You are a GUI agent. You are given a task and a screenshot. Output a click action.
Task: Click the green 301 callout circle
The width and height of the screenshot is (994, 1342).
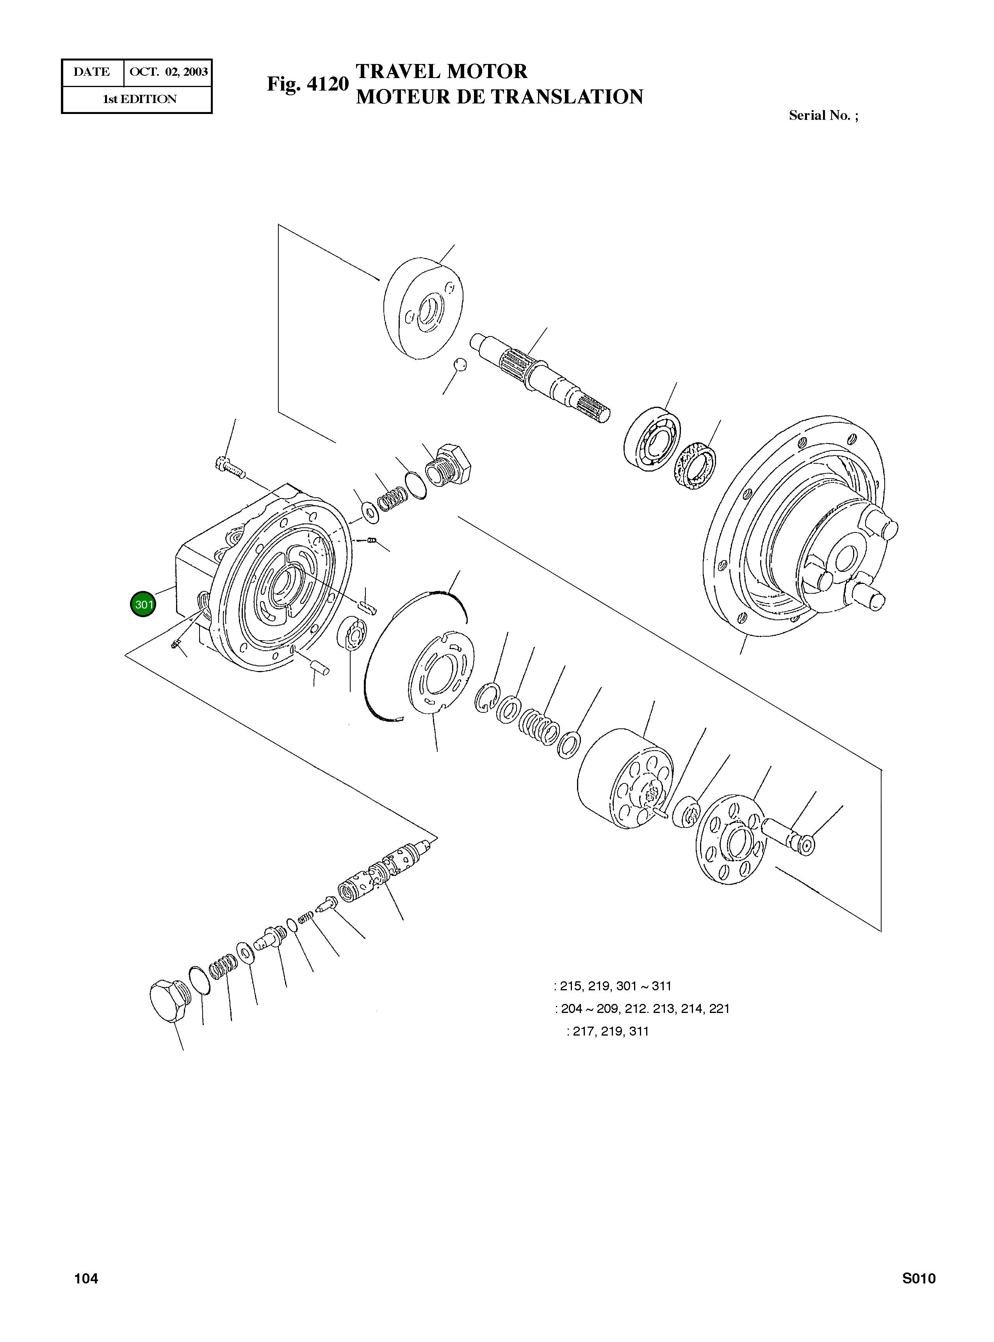coord(143,604)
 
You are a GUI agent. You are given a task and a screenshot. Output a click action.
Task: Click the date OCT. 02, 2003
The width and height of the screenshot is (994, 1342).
coord(169,72)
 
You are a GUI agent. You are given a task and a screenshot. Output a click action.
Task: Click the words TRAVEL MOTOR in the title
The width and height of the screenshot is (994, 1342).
coord(441,71)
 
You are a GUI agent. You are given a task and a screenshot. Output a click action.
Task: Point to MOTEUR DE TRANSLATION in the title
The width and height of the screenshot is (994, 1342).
coord(499,97)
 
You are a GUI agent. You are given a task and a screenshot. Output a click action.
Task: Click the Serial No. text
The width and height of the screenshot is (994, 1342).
coord(823,116)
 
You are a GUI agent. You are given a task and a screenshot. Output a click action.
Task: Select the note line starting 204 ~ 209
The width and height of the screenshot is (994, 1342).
coord(641,1009)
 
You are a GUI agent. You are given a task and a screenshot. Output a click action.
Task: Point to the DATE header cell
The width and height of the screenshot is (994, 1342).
coord(92,72)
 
